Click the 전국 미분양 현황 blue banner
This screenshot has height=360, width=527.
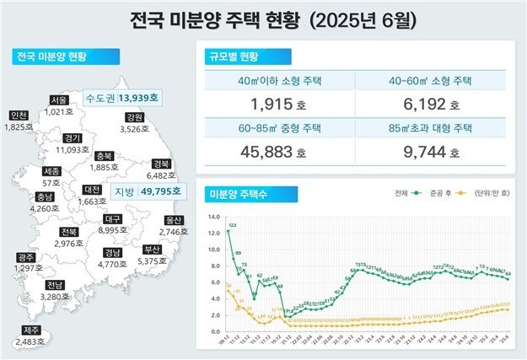click(52, 57)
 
